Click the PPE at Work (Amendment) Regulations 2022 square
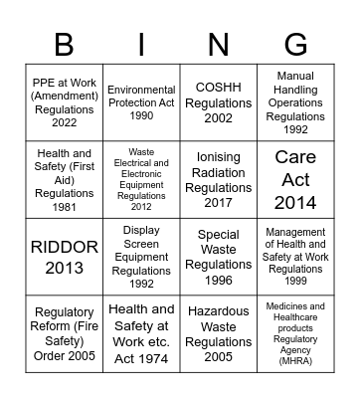tap(64, 101)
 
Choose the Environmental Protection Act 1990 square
tap(141, 101)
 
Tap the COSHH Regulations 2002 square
tap(218, 101)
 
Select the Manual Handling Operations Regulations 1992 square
tap(295, 101)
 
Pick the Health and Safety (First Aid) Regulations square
tap(64, 179)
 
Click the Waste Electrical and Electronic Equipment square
tap(141, 179)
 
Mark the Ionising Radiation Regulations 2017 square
tap(218, 179)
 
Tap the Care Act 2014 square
tap(295, 179)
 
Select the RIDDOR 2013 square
tap(64, 256)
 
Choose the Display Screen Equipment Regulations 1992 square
tap(141, 256)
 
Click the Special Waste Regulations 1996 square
tap(218, 256)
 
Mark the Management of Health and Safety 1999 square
tap(295, 256)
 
